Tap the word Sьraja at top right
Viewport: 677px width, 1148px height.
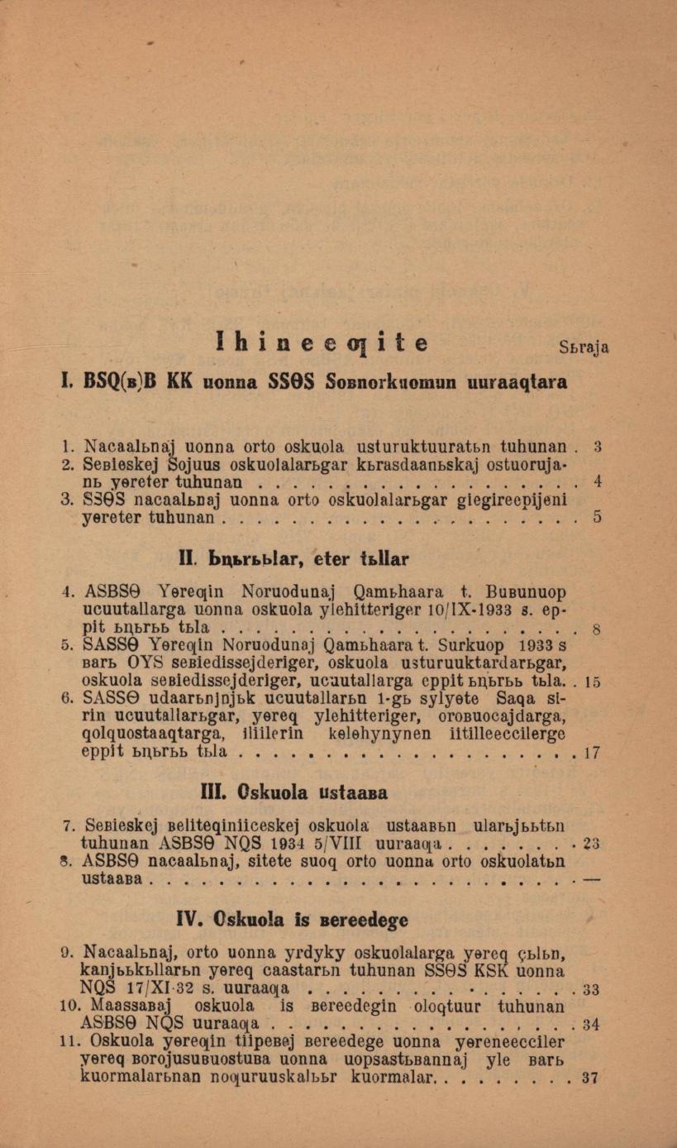point(584,347)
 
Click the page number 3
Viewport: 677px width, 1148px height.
point(597,447)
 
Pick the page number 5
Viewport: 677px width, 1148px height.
point(597,518)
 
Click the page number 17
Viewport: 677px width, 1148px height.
point(591,753)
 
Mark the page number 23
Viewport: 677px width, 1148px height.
point(591,844)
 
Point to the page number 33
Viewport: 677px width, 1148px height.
point(591,989)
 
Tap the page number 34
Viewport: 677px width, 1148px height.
point(591,1025)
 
